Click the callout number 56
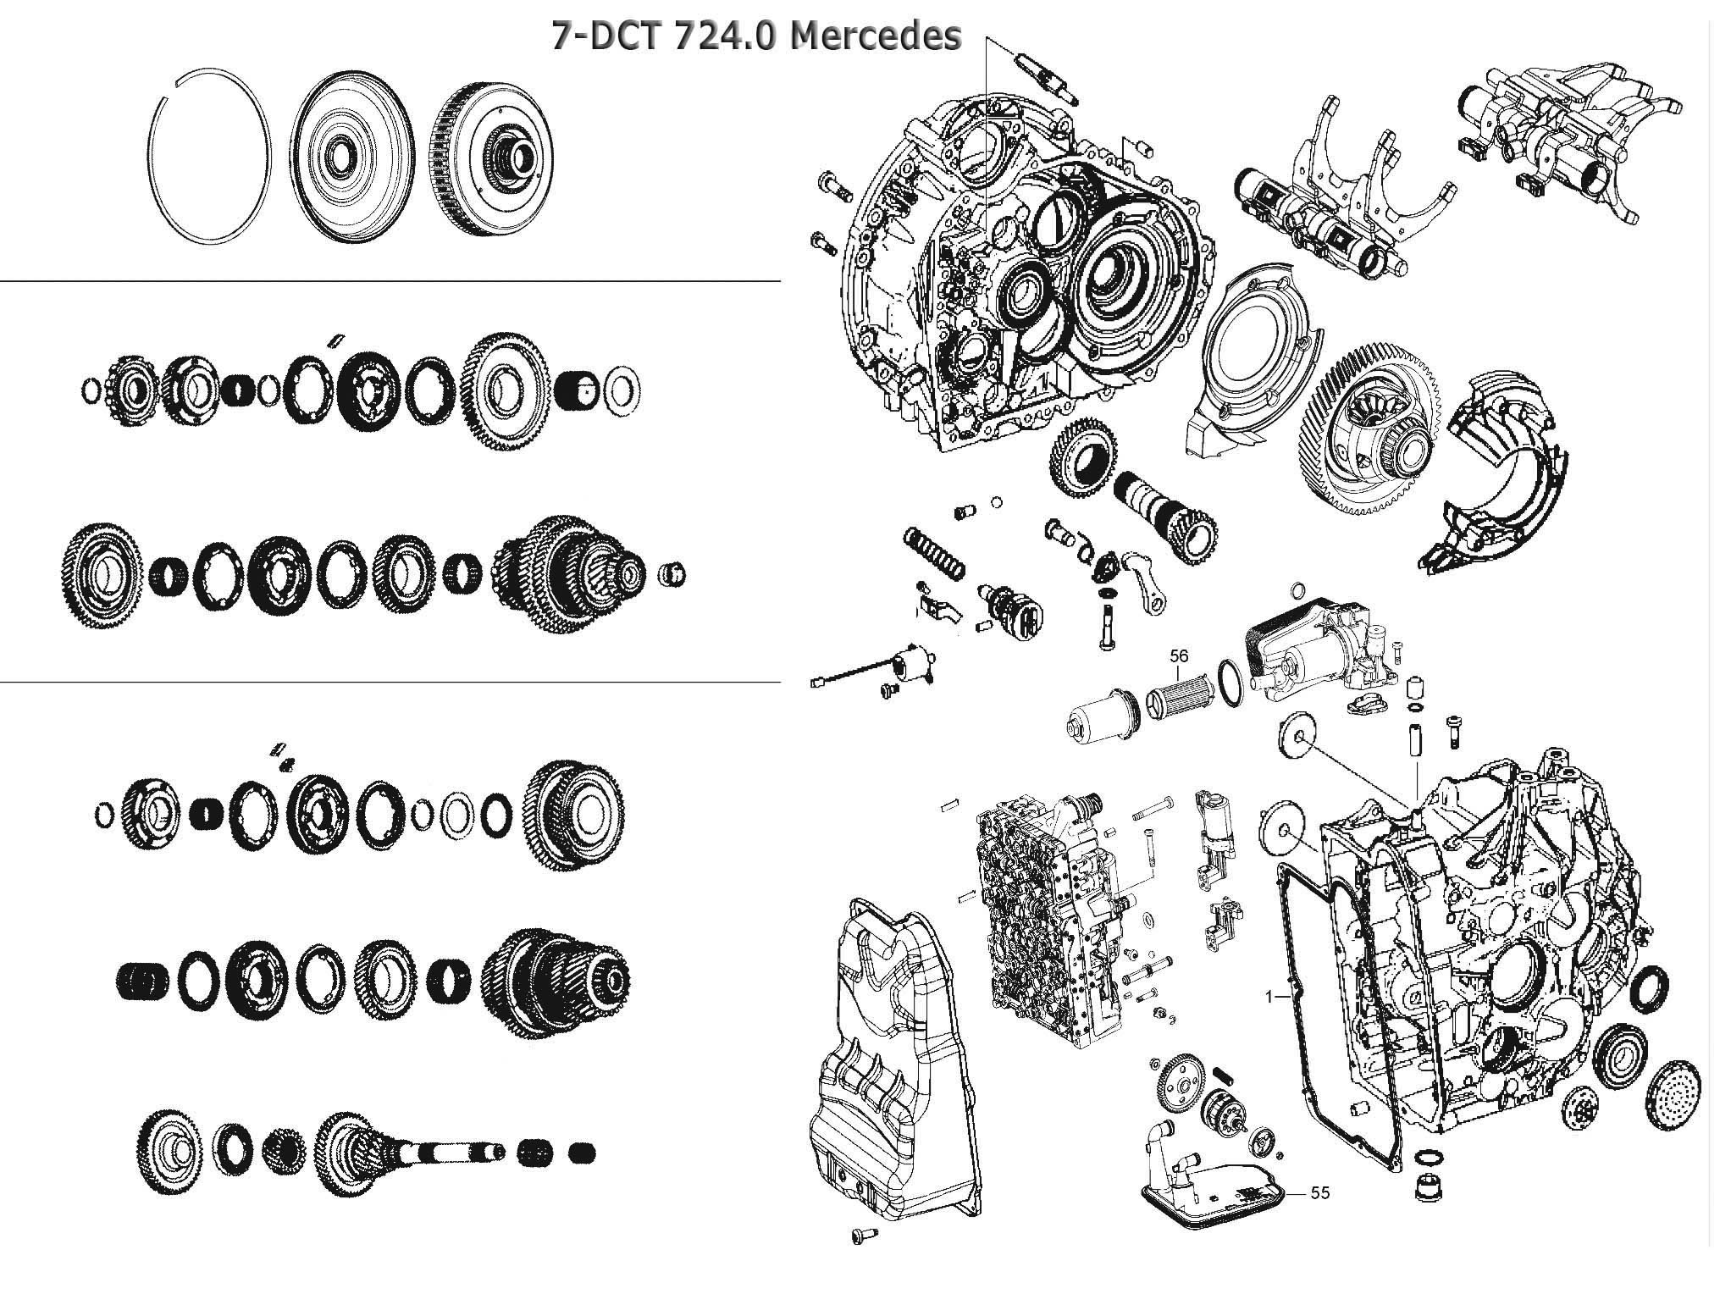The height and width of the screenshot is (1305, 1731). point(1179,656)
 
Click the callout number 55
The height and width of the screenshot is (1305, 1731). point(1319,1193)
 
